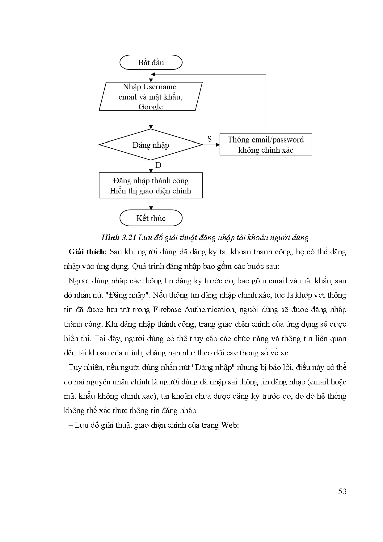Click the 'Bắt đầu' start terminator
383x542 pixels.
click(151, 63)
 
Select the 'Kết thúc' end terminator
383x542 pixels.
click(151, 218)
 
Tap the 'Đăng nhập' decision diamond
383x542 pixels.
click(151, 145)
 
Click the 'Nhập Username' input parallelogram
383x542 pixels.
click(151, 96)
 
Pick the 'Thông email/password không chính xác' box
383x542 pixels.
click(266, 145)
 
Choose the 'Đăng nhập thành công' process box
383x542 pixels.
click(151, 185)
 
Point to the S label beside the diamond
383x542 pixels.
click(209, 139)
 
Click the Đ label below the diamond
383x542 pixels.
click(158, 165)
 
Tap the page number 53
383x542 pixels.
click(342, 491)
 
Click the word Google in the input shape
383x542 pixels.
click(150, 107)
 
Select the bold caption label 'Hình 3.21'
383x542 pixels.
click(119, 238)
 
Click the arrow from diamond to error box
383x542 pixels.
click(212, 145)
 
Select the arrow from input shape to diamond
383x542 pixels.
click(151, 120)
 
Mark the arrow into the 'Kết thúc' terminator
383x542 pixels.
click(151, 204)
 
